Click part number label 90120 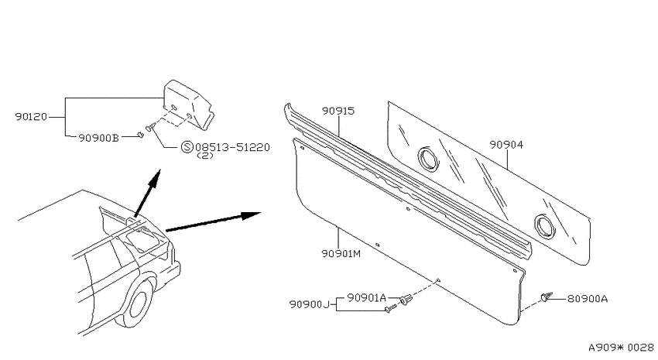(31, 117)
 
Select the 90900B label (98, 138)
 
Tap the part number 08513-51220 (232, 147)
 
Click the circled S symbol (187, 147)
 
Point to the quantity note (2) (205, 156)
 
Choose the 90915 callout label (338, 111)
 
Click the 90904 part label (506, 145)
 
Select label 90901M (341, 253)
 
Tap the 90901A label (367, 298)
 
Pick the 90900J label (310, 303)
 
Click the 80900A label (588, 299)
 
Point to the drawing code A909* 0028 (621, 348)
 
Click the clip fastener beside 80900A (547, 297)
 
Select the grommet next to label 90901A (406, 300)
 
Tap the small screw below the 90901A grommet (390, 309)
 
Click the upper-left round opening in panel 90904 (428, 159)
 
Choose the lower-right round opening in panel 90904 (545, 225)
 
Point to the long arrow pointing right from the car (213, 221)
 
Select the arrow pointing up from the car (148, 193)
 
